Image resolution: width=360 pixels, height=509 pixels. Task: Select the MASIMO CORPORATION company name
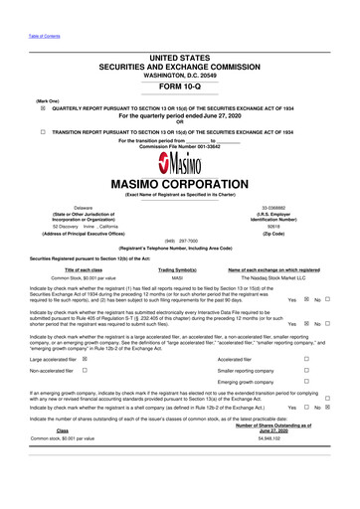pyautogui.click(x=179, y=184)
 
